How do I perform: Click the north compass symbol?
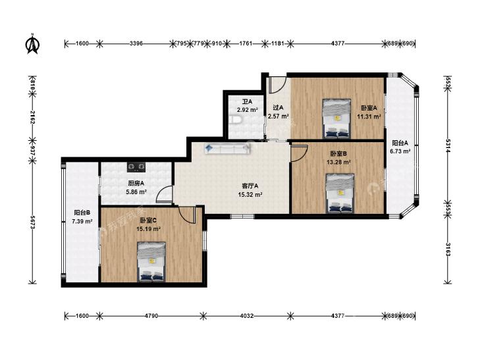click(32, 44)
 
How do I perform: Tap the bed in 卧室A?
click(336, 118)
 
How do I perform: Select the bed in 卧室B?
click(340, 193)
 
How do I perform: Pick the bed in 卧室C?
click(151, 261)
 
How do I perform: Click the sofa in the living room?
click(227, 149)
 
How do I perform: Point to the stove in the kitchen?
click(136, 167)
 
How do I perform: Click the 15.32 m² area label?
click(250, 194)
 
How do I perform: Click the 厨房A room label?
click(136, 183)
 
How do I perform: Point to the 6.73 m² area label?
click(400, 151)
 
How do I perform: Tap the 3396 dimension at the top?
click(136, 43)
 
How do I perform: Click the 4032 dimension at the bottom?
click(247, 316)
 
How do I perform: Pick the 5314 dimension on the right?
click(448, 146)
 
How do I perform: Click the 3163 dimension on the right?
click(448, 249)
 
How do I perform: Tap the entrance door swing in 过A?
click(278, 85)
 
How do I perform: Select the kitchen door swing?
click(164, 194)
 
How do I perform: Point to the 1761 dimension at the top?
click(246, 43)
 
